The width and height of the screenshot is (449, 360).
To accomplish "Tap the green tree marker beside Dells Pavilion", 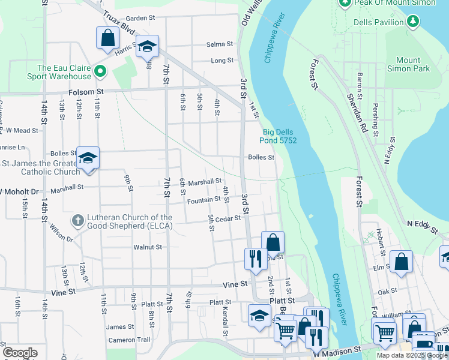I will pos(412,22).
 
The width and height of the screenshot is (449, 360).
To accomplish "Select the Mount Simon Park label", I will pos(412,64).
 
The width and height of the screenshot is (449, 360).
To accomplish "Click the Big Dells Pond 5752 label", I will pos(279,136).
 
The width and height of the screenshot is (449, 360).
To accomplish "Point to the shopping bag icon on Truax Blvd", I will pos(107,38).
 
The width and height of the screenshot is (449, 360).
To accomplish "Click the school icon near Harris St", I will pos(146,47).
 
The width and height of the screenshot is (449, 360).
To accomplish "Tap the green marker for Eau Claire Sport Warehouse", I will pos(101,72).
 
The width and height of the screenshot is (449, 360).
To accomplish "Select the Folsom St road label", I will pos(86,92).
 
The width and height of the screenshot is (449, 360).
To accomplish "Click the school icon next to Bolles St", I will pos(88,158).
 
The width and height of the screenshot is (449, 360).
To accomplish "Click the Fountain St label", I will pos(203,200).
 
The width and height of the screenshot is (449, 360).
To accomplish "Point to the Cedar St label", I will pos(229,219).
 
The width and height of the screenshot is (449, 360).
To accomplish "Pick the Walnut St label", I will pos(148,247).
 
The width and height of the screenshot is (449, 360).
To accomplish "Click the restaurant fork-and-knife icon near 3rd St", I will pos(255,259).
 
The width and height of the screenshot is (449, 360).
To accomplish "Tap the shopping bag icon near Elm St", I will pos(401,262).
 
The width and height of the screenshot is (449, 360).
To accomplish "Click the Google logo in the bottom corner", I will pos(20,352).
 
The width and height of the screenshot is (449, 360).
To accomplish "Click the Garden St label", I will pos(140,18).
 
